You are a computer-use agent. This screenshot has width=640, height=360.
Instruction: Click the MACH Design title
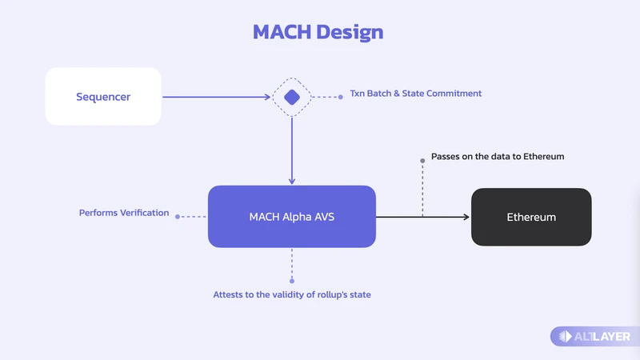pyautogui.click(x=318, y=33)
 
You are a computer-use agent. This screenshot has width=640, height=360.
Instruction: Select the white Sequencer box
pyautogui.click(x=103, y=97)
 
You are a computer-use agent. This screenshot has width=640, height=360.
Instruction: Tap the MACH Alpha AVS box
pyautogui.click(x=292, y=216)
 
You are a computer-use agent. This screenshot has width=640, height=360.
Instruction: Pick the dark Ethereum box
pyautogui.click(x=531, y=217)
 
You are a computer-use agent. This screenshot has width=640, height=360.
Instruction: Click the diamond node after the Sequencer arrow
pyautogui.click(x=292, y=98)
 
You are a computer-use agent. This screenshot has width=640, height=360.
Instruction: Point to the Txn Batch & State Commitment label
pyautogui.click(x=415, y=94)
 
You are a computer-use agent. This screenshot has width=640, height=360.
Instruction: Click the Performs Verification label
pyautogui.click(x=124, y=213)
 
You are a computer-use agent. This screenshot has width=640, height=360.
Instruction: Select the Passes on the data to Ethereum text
pyautogui.click(x=498, y=157)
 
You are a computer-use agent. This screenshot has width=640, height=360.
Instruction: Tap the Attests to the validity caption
pyautogui.click(x=292, y=294)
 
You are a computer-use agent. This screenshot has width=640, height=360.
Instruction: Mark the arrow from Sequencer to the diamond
pyautogui.click(x=216, y=98)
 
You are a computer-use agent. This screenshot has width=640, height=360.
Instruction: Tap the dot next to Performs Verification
pyautogui.click(x=177, y=217)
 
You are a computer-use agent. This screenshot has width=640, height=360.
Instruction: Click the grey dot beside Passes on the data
pyautogui.click(x=422, y=161)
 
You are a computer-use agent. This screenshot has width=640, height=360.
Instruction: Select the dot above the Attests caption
pyautogui.click(x=292, y=281)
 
